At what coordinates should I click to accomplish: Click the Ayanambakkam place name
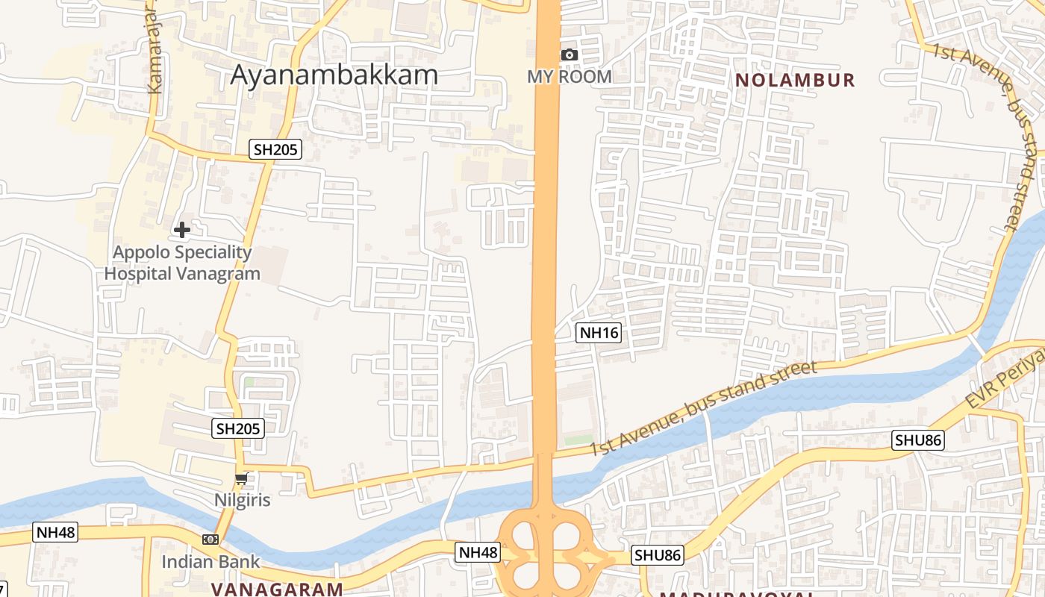tap(334, 75)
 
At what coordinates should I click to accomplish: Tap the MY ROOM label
tap(570, 76)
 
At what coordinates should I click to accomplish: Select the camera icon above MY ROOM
tap(570, 54)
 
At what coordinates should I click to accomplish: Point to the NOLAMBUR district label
tap(795, 80)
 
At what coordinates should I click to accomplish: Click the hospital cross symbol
tap(181, 230)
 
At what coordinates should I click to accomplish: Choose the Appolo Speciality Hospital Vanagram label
tap(182, 263)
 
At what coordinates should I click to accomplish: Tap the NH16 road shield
tap(599, 333)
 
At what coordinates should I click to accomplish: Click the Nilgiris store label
tap(242, 499)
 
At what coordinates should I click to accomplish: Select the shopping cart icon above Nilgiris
tap(241, 479)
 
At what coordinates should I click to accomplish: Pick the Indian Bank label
tap(210, 561)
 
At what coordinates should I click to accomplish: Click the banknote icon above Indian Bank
tap(210, 539)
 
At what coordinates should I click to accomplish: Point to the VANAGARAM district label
tap(276, 590)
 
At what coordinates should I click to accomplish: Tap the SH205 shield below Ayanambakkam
tap(275, 149)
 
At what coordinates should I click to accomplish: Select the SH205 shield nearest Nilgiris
tap(238, 428)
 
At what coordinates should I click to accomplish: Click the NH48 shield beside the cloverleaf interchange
tap(478, 552)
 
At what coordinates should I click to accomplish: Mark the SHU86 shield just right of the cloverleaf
tap(658, 555)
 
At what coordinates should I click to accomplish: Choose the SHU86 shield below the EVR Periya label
tap(918, 440)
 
